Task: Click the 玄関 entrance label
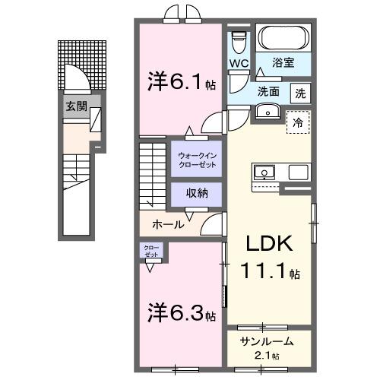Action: tap(74, 106)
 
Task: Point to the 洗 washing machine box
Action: tap(301, 94)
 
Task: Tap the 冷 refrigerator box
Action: tap(298, 122)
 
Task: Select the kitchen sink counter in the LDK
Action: tap(268, 172)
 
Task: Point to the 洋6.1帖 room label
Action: tap(181, 81)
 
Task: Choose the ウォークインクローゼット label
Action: tap(197, 160)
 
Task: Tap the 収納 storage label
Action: tap(196, 194)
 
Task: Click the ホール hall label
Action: tap(167, 224)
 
